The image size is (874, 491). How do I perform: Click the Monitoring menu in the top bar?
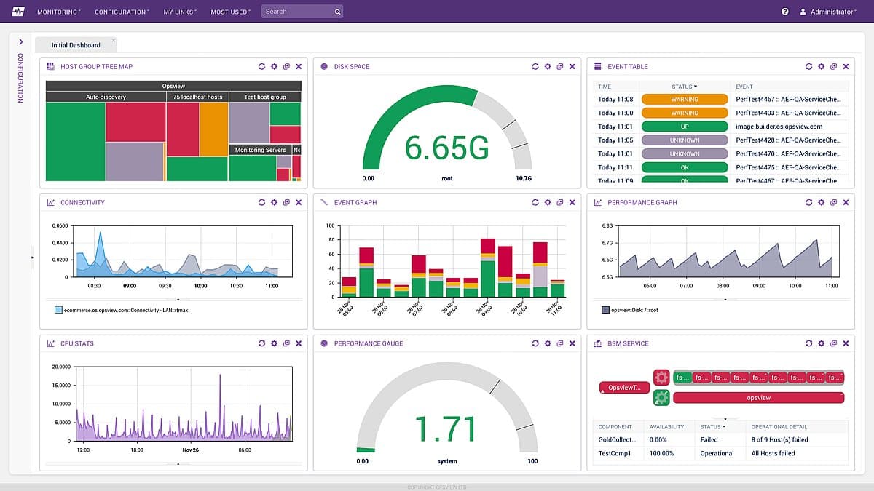(x=58, y=12)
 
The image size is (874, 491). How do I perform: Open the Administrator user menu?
(x=827, y=12)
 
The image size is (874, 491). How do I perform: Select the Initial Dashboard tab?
(x=76, y=45)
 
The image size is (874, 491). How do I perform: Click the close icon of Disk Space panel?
(x=572, y=66)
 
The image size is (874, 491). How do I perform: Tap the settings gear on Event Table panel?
(x=821, y=66)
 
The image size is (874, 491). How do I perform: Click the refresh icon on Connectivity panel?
(x=261, y=202)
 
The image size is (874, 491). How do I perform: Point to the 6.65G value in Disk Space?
(x=446, y=148)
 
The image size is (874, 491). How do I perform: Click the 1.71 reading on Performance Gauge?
(x=445, y=429)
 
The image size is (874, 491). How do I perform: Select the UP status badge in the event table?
(x=685, y=127)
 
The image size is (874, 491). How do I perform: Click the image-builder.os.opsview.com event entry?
(x=779, y=127)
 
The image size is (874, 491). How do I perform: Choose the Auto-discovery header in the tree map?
(x=106, y=97)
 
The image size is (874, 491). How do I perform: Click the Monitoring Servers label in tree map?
(x=260, y=150)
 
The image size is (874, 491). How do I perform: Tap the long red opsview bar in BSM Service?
(x=758, y=398)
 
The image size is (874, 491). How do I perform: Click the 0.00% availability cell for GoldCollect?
(x=658, y=439)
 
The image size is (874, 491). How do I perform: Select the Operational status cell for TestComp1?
(x=717, y=453)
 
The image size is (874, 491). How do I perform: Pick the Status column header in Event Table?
(x=684, y=87)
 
